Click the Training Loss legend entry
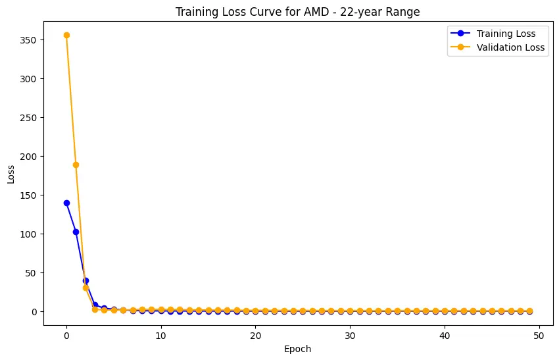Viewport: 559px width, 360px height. click(x=505, y=33)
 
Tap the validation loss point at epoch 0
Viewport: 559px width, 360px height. click(x=66, y=35)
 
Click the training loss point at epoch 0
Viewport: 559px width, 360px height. click(x=66, y=203)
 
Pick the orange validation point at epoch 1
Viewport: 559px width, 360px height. click(x=76, y=165)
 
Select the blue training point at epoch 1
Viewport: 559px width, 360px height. click(x=76, y=232)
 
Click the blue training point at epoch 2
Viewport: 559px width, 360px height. click(x=85, y=280)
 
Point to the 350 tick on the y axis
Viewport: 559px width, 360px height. click(x=30, y=40)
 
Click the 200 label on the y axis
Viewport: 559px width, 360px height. click(x=30, y=157)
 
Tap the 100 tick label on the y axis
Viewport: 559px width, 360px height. click(x=30, y=234)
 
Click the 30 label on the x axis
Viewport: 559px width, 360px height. click(x=350, y=335)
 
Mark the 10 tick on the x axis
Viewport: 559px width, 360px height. click(x=161, y=335)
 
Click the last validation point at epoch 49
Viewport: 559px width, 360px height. click(x=529, y=311)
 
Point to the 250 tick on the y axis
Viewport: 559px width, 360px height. click(x=30, y=118)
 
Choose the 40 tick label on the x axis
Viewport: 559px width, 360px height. click(x=445, y=335)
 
